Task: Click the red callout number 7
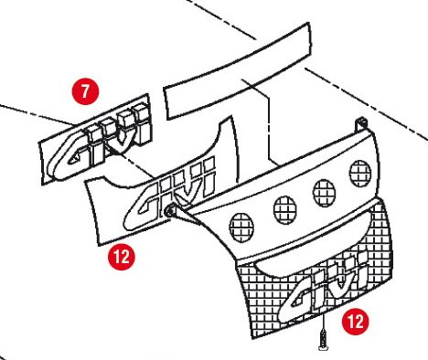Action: [x=85, y=90]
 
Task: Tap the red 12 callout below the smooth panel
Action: [x=122, y=257]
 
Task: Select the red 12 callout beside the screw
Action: [x=355, y=322]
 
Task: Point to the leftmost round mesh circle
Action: [x=241, y=228]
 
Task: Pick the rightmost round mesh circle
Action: [x=360, y=174]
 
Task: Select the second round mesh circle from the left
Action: [x=284, y=210]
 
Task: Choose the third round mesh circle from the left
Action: [x=325, y=193]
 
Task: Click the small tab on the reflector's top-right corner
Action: [x=361, y=123]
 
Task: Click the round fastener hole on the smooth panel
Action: [x=169, y=210]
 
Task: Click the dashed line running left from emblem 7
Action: [x=37, y=114]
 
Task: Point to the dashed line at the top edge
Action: [x=221, y=19]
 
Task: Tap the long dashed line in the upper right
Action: [x=366, y=103]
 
